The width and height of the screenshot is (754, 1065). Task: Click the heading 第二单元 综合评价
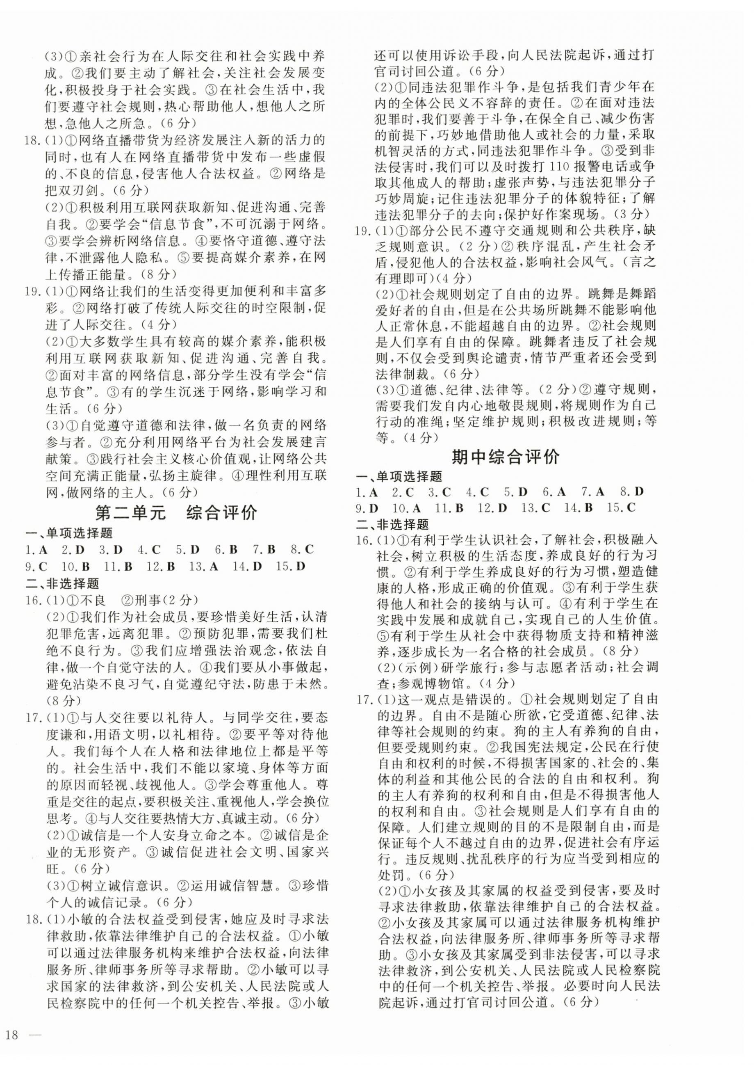click(x=176, y=513)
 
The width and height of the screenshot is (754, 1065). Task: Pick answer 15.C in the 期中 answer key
click(x=621, y=507)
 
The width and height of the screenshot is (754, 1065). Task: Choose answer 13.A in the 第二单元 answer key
click(x=204, y=566)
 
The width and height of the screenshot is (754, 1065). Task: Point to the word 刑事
click(x=146, y=600)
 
